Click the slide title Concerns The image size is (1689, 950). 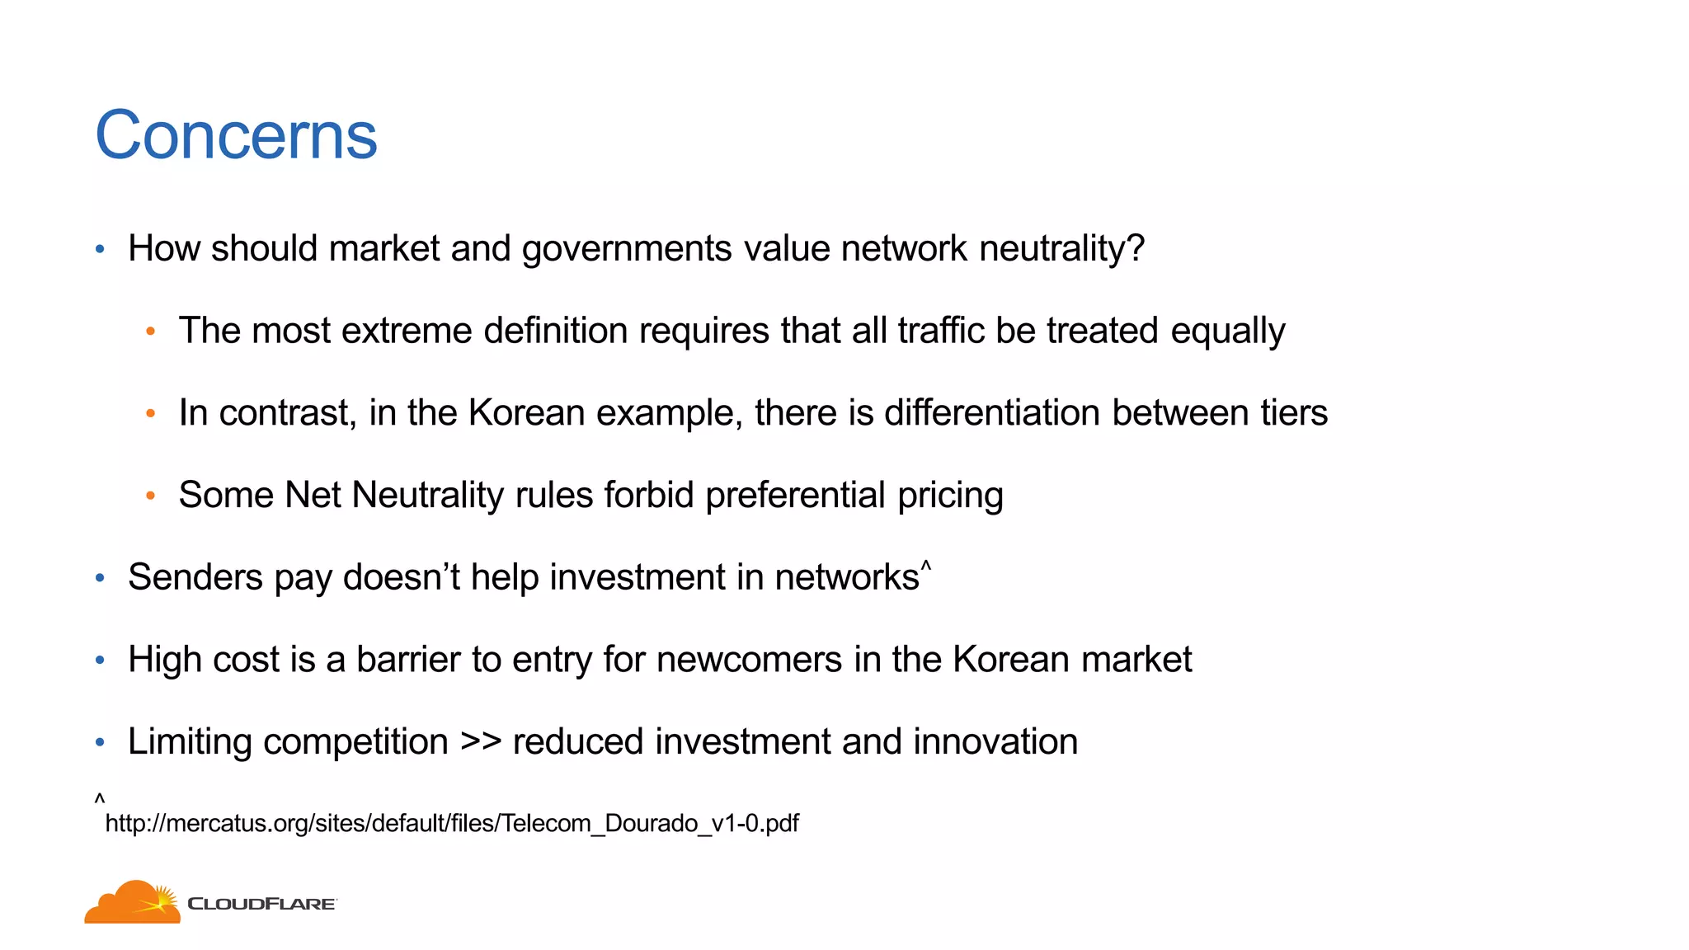[x=236, y=135]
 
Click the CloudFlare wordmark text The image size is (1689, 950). [x=261, y=904]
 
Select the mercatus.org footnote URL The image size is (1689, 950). [x=452, y=823]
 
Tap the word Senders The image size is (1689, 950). [x=195, y=577]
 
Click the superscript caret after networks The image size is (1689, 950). [x=926, y=566]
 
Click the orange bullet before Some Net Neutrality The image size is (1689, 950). [x=150, y=496]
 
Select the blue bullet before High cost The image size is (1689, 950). [x=100, y=660]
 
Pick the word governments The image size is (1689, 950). [x=627, y=249]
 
